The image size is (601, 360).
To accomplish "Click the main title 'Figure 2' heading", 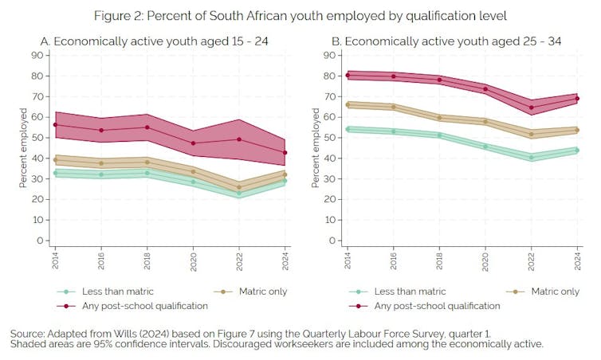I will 300,16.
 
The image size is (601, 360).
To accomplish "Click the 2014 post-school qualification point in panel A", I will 55,125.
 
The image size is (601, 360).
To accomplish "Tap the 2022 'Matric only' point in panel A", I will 240,188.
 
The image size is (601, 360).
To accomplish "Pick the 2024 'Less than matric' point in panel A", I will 285,181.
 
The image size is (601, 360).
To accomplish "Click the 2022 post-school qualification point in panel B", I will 532,108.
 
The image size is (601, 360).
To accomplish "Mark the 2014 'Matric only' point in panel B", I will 348,104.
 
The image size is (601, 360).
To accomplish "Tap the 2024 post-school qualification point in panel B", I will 578,99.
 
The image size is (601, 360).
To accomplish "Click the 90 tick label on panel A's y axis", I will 37,55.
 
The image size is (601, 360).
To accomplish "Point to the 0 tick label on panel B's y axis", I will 330,241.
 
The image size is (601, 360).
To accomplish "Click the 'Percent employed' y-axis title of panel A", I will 23,149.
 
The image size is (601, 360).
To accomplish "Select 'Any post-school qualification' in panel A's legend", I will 145,305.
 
